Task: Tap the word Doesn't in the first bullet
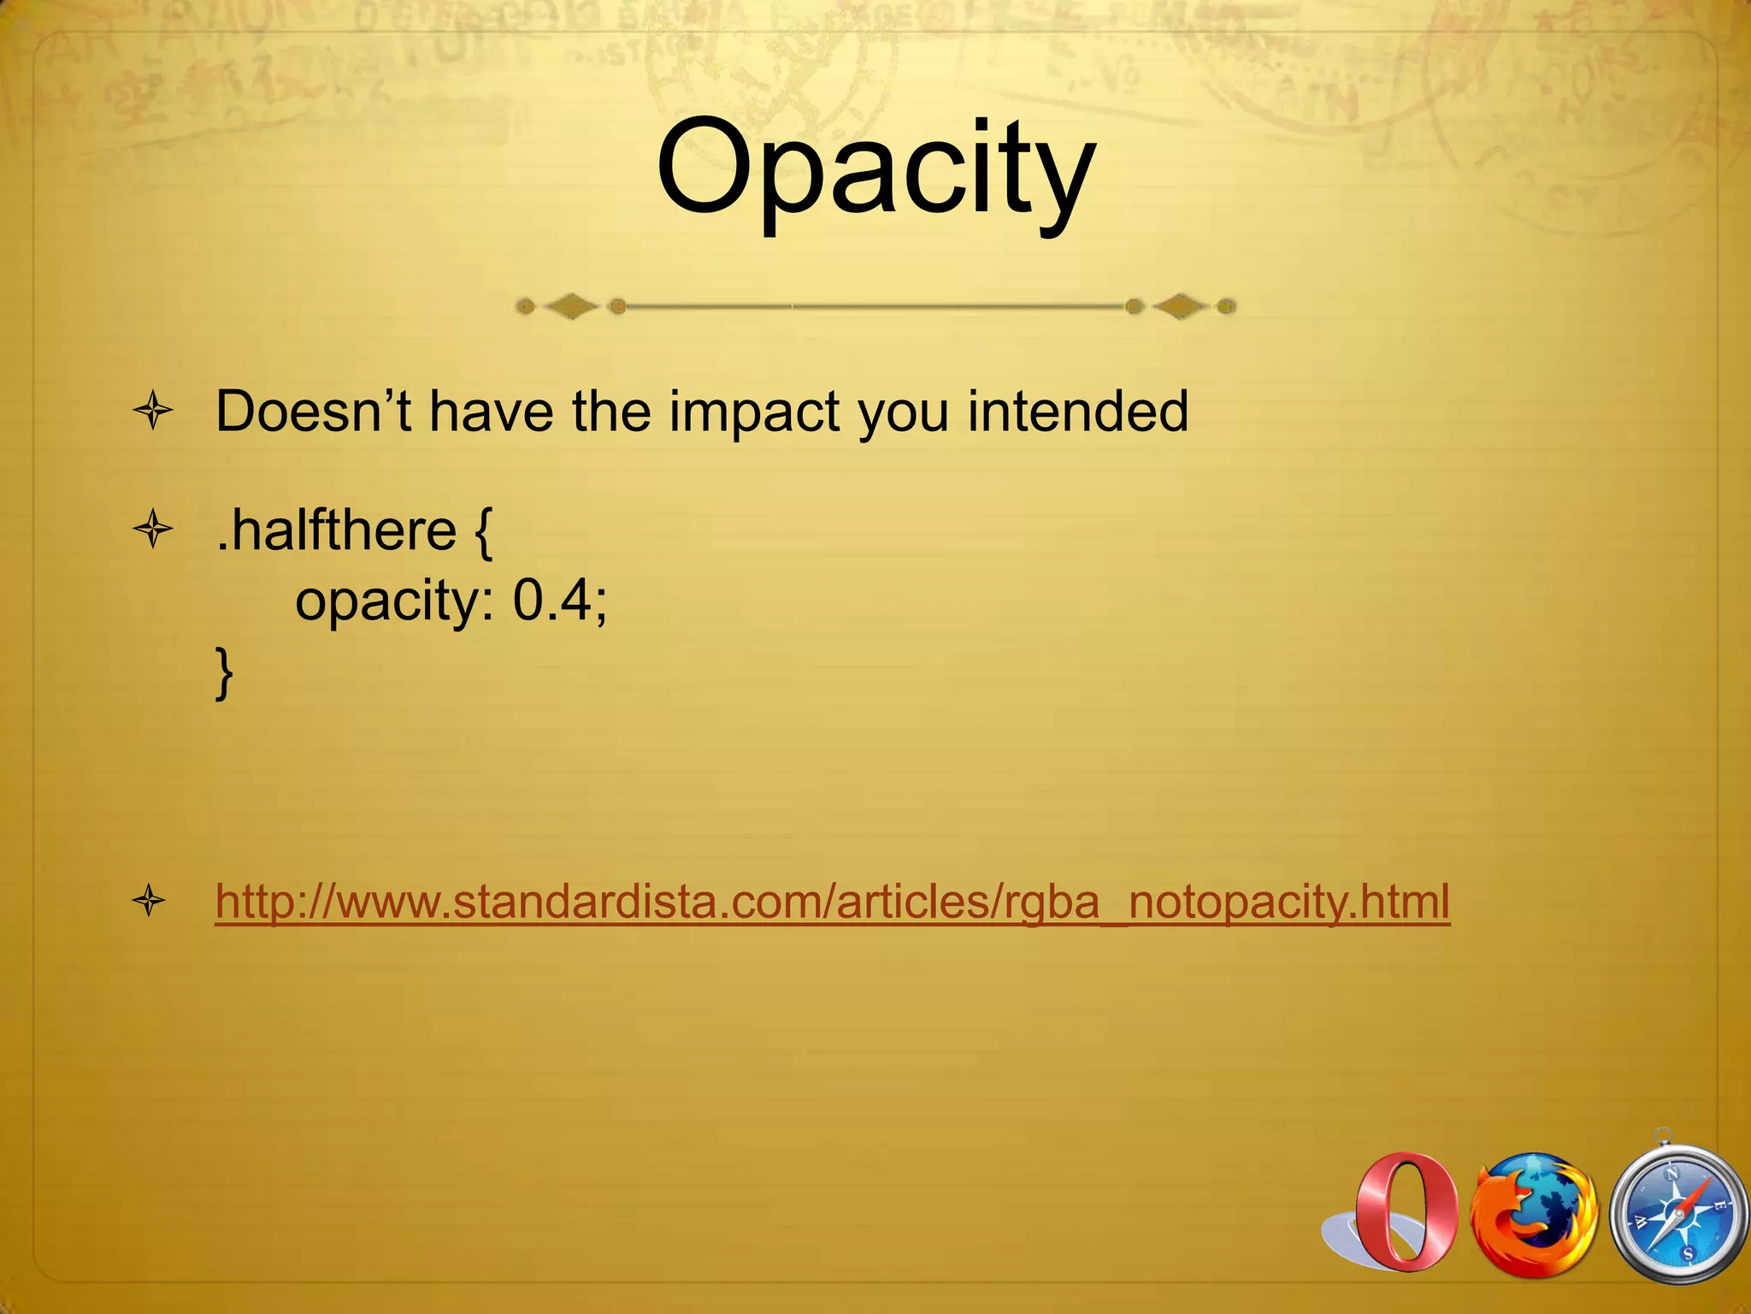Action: tap(313, 411)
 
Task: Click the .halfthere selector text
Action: tap(336, 530)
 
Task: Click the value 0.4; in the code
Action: tap(560, 601)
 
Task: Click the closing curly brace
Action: tap(224, 673)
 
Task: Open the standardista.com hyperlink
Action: tap(832, 902)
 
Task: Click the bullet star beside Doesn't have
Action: tap(153, 412)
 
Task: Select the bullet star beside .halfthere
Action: tap(153, 530)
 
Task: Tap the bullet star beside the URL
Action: tap(150, 902)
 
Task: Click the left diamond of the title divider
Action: tap(571, 306)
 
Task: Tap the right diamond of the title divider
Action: tap(1181, 305)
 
